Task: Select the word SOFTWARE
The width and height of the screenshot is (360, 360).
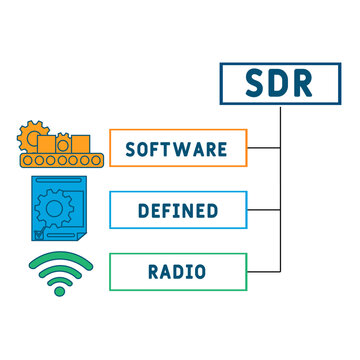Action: click(175, 149)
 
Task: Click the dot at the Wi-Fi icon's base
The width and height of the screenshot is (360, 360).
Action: click(59, 290)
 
